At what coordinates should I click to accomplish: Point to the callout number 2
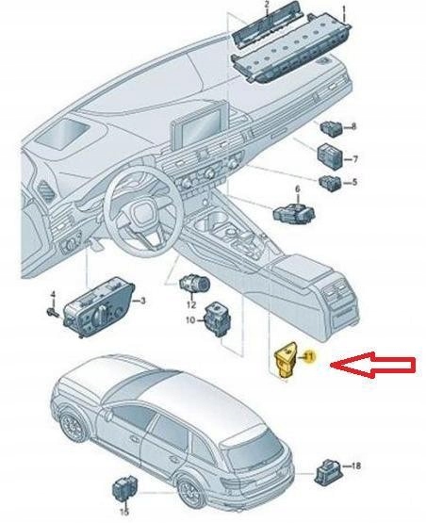[x=267, y=7]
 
